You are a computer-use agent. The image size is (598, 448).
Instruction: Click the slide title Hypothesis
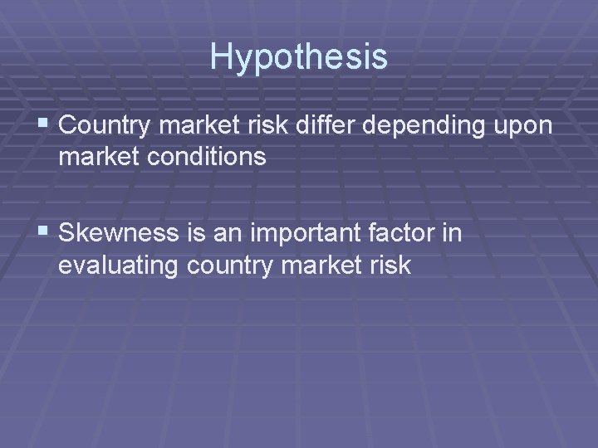coord(298,56)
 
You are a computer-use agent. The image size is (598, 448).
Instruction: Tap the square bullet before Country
coord(44,126)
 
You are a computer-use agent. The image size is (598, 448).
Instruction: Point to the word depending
coord(423,128)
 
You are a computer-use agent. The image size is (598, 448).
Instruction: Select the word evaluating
coord(120,265)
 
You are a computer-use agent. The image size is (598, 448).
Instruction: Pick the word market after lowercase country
coord(326,265)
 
